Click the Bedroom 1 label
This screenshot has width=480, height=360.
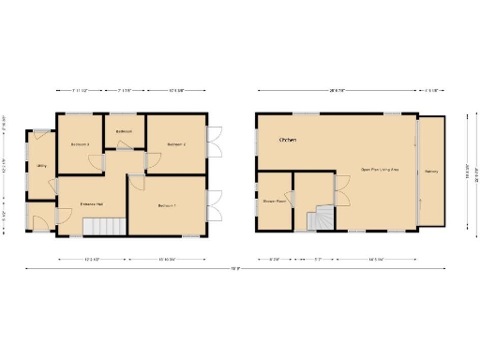(x=167, y=205)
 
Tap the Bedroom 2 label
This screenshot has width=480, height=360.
(x=177, y=144)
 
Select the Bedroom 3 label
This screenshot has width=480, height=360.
(x=81, y=144)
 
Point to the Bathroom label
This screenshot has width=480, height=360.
(x=124, y=131)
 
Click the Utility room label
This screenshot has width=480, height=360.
(x=42, y=166)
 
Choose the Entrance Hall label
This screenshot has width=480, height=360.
(x=91, y=203)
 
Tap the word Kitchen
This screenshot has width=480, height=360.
(x=288, y=140)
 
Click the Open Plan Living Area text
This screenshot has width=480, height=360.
(x=381, y=170)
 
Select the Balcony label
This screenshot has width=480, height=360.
(x=432, y=172)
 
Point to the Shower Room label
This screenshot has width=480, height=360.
(x=274, y=201)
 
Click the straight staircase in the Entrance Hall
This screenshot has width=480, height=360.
(x=105, y=225)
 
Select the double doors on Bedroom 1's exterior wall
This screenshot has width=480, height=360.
(x=214, y=204)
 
